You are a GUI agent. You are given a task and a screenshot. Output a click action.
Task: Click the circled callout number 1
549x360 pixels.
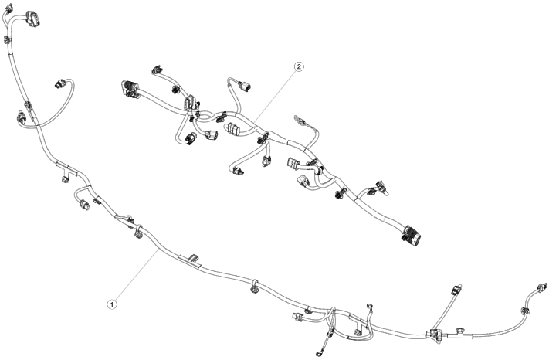[112, 304]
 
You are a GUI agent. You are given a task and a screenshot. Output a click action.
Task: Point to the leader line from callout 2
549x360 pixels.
[275, 96]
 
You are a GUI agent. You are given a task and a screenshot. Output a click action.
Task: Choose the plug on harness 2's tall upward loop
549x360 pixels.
[248, 87]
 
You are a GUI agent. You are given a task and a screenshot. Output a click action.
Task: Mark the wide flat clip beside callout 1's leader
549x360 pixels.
[189, 256]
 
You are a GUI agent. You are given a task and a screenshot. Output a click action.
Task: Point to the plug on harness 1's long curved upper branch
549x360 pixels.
[60, 82]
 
